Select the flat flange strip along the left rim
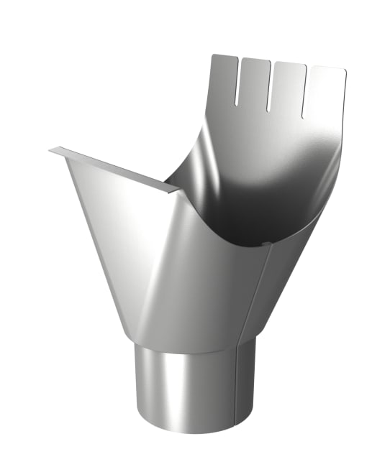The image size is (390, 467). (115, 170)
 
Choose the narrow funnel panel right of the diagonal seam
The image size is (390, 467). (277, 287)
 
